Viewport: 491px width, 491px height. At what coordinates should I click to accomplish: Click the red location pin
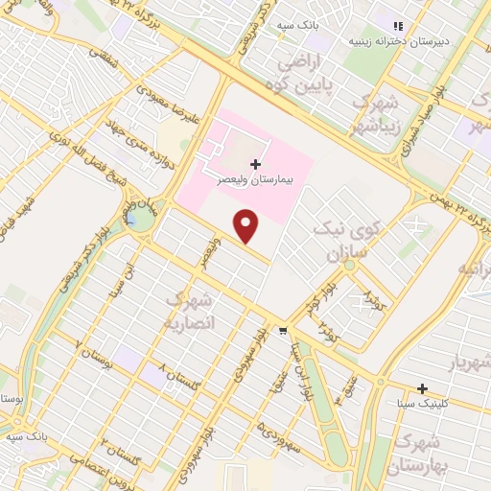(247, 224)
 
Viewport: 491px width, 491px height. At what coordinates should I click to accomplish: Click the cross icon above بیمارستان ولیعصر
(255, 164)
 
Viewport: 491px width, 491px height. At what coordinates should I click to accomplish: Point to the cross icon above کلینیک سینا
(422, 388)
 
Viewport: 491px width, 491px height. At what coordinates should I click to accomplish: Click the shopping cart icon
(282, 331)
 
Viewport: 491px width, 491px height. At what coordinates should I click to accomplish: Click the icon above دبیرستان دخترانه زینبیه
(397, 25)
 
